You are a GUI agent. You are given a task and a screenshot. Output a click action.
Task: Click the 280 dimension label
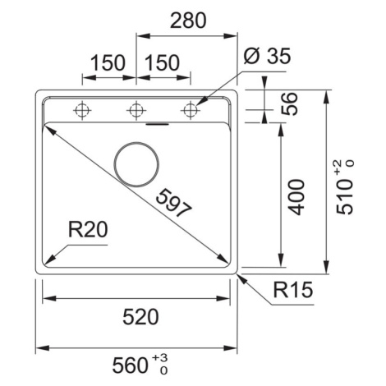tap(188, 21)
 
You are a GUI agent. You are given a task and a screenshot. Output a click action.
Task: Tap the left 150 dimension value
tap(108, 63)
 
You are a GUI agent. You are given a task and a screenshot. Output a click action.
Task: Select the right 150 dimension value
tap(162, 63)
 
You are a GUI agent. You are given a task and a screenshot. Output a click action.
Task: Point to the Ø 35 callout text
tap(267, 56)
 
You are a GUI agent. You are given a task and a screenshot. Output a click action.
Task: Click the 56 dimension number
tap(289, 104)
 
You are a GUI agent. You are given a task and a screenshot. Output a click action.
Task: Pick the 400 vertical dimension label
tap(296, 197)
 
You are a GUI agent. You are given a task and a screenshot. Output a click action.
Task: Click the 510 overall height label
tap(344, 197)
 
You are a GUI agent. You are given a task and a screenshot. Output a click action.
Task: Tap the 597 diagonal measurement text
tap(173, 203)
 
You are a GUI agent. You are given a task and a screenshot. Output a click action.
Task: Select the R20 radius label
tap(88, 229)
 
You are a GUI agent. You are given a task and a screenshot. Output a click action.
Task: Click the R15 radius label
tap(293, 290)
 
